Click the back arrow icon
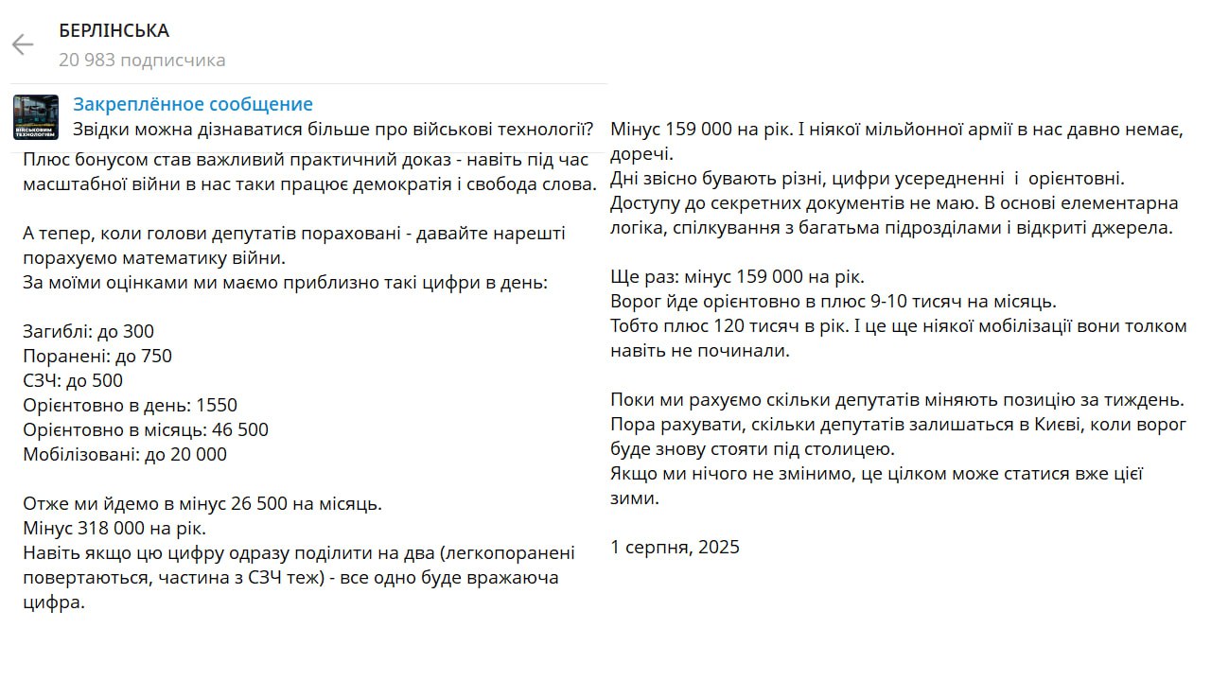coord(22,44)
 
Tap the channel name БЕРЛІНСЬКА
coord(114,30)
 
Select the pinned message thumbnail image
coord(36,117)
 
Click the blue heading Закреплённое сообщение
coord(193,104)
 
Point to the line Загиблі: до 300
coord(88,331)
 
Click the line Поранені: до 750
coord(97,356)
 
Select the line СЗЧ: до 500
coord(73,380)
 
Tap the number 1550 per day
coord(217,405)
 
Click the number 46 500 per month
coord(236,429)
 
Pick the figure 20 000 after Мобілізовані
coord(196,454)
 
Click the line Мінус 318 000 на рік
coord(114,528)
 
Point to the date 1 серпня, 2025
coord(676,547)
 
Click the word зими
coord(634,498)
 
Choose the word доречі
coord(641,153)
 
